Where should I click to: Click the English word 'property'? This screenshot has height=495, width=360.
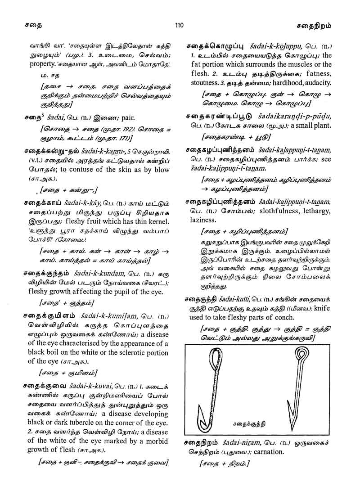point(37,64)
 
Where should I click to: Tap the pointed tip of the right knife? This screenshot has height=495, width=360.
point(292,427)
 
